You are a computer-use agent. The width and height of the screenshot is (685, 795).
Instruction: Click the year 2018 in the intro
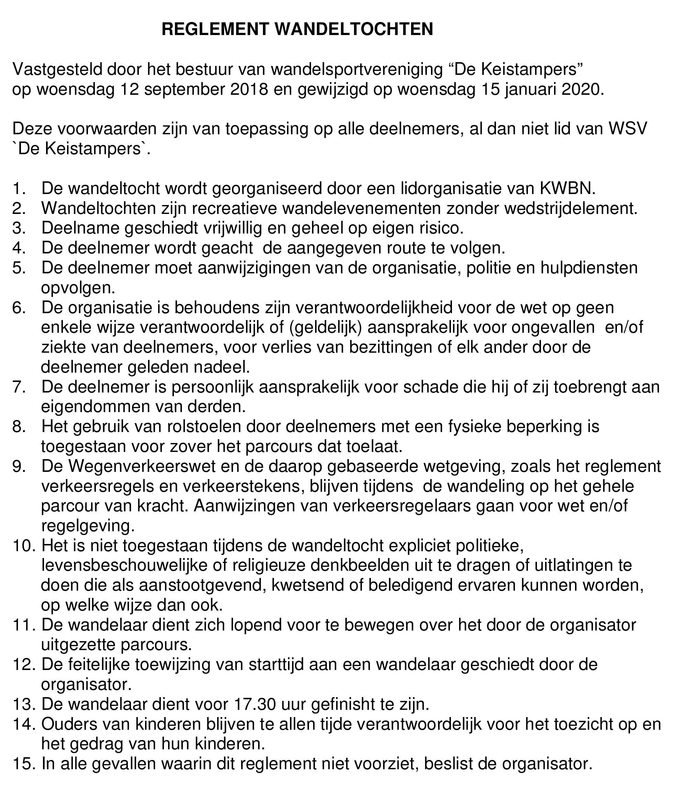tap(249, 89)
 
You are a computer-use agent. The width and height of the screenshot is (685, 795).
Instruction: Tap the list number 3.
tap(19, 228)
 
